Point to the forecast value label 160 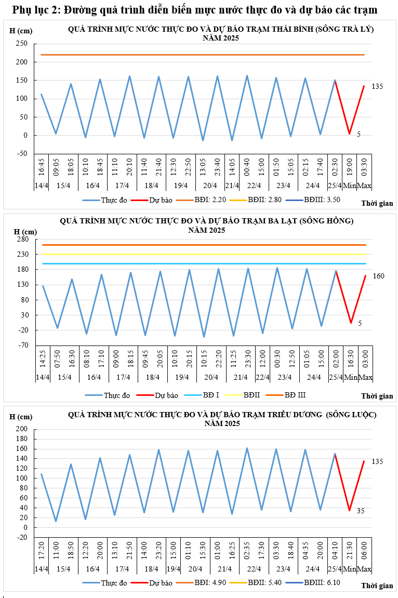point(378,276)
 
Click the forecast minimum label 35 point(361,511)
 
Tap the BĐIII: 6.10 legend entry point(322,582)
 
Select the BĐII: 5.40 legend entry point(265,582)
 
